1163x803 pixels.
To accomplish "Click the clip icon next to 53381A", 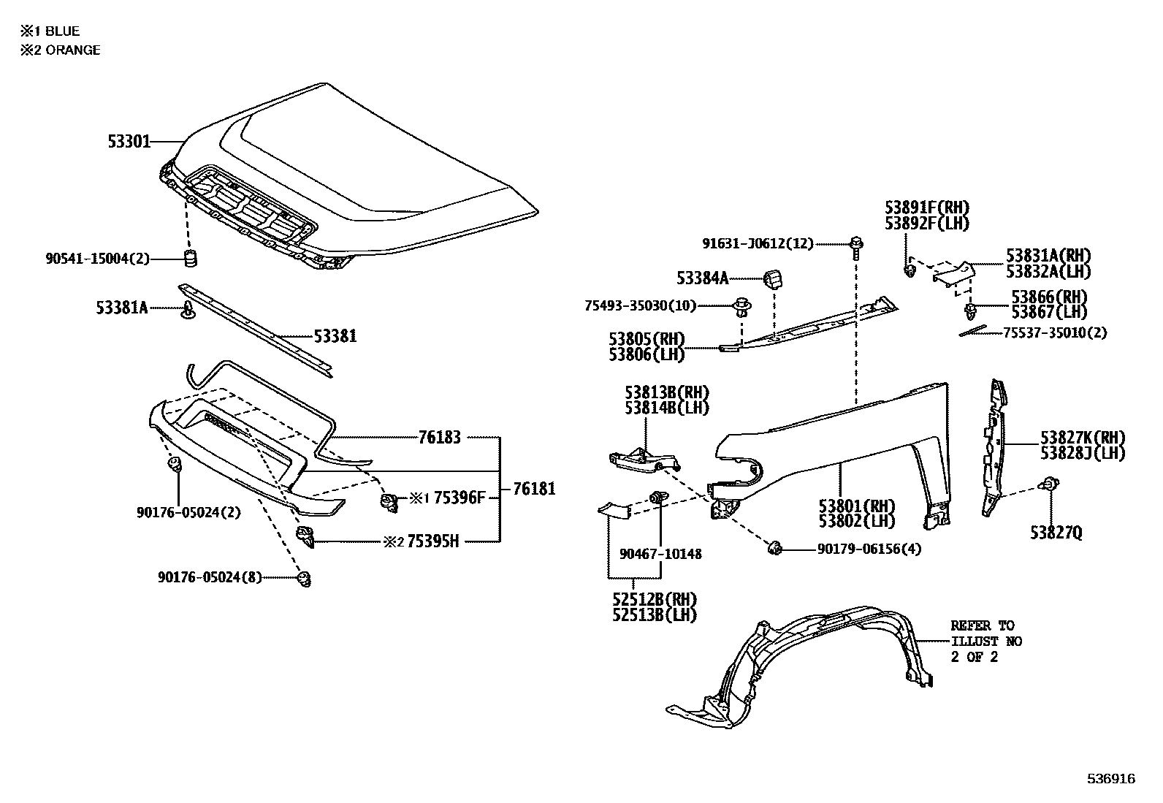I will point(188,309).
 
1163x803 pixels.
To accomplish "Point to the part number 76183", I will point(439,438).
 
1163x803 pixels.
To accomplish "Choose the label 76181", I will point(533,489).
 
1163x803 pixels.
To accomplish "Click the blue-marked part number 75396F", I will point(460,498).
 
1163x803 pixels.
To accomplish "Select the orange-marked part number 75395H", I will point(432,541).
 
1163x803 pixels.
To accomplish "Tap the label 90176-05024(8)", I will point(210,577).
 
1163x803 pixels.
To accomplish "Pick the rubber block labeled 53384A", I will point(774,279).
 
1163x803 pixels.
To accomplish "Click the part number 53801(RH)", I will point(856,506).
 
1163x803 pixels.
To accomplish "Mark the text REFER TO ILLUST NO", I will point(985,633).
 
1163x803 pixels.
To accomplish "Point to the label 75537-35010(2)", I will point(1054,332).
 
